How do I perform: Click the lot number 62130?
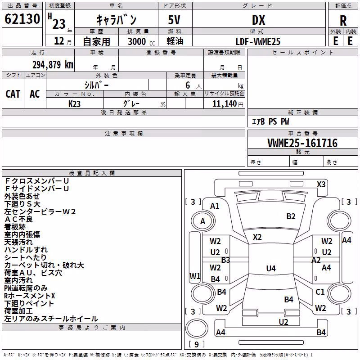[22, 19]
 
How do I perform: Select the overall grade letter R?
[343, 21]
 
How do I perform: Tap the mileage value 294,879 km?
[53, 65]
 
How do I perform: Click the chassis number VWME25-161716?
[302, 143]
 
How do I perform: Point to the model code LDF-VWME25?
[258, 41]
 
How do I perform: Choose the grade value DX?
[258, 20]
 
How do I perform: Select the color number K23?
[74, 104]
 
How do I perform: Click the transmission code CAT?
[13, 94]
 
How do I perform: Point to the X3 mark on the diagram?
[321, 184]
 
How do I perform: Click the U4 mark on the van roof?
[271, 268]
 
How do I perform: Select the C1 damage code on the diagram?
[320, 292]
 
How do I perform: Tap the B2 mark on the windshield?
[291, 216]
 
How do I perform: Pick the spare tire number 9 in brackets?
[196, 344]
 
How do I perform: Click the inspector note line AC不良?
[18, 219]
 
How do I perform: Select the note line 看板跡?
[15, 227]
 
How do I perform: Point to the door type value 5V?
[174, 20]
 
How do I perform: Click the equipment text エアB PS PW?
[270, 121]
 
